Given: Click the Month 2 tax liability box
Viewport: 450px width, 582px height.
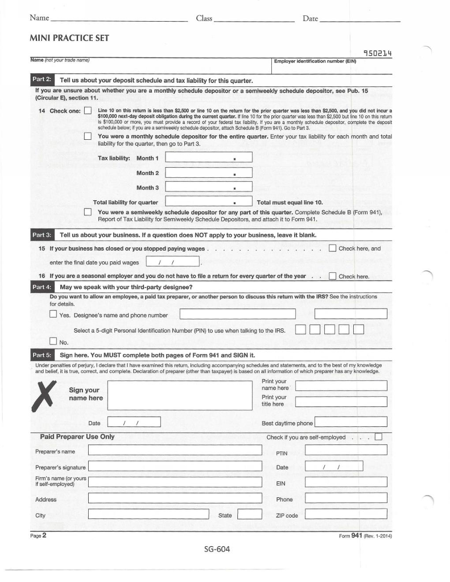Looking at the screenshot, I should click(x=208, y=173).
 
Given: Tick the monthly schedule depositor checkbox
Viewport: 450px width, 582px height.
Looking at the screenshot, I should click(x=88, y=136).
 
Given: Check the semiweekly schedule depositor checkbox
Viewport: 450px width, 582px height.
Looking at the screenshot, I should click(x=88, y=213).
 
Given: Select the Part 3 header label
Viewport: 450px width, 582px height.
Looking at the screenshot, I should click(x=41, y=234).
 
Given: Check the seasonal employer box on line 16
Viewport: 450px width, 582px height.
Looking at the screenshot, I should click(x=333, y=276).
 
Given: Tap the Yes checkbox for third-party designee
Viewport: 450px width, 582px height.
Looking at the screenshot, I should click(x=53, y=314).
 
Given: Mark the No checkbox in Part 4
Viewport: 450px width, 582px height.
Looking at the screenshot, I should click(x=53, y=342).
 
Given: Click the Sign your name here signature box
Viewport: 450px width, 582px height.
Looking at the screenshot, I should click(x=178, y=395).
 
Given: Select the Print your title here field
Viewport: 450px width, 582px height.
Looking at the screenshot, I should click(x=341, y=401).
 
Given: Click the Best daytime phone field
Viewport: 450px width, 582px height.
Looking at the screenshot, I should click(x=350, y=422).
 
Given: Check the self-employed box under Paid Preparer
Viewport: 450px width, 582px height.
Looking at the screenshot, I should click(x=378, y=437).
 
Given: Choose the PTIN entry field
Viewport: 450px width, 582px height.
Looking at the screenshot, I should click(x=346, y=450).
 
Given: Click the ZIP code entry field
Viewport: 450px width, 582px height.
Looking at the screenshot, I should click(x=346, y=515).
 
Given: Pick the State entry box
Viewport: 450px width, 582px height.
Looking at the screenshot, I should click(x=249, y=515).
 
